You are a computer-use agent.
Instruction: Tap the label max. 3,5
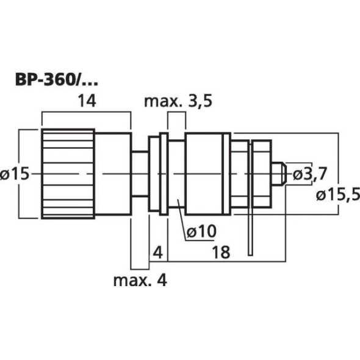pos(178,101)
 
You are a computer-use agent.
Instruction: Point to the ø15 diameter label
pos(16,174)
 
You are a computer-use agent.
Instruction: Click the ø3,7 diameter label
pos(311,174)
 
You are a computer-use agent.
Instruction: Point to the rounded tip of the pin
pos(281,173)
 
